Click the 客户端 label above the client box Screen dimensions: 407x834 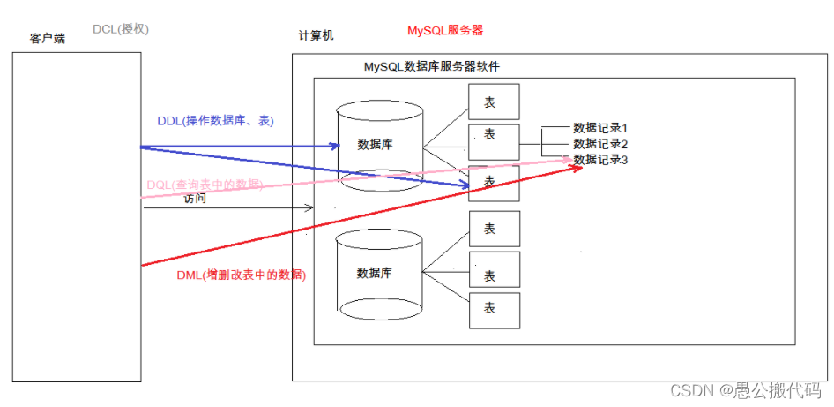[x=48, y=40]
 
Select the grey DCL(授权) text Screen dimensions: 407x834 [x=121, y=29]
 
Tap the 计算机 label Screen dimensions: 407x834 [x=316, y=36]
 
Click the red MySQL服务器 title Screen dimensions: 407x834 [x=444, y=30]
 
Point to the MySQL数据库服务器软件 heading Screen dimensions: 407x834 [x=432, y=67]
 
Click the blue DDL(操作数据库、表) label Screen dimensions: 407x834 [x=215, y=121]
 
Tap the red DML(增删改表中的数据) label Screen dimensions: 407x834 [x=241, y=275]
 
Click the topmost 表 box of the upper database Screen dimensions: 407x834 [x=494, y=102]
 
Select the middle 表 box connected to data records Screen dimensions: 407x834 [x=494, y=140]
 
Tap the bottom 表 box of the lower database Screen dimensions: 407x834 [x=494, y=308]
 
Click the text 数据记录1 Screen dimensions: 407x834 [x=599, y=128]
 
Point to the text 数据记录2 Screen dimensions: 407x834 [x=599, y=144]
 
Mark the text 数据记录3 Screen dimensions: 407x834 [x=599, y=160]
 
